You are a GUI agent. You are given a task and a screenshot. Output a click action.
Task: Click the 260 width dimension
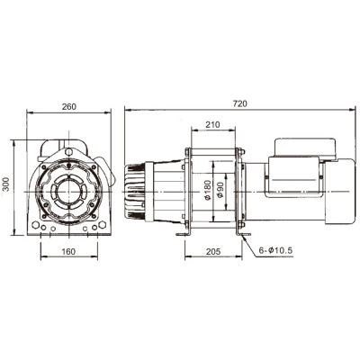coord(69,105)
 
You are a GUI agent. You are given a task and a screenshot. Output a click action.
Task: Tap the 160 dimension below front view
coord(69,252)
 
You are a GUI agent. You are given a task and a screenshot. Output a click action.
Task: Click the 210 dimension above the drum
coord(214,124)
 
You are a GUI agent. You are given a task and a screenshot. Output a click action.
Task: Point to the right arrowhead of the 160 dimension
coord(96,260)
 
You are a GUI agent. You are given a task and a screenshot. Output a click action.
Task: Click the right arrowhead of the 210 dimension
coord(240,132)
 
